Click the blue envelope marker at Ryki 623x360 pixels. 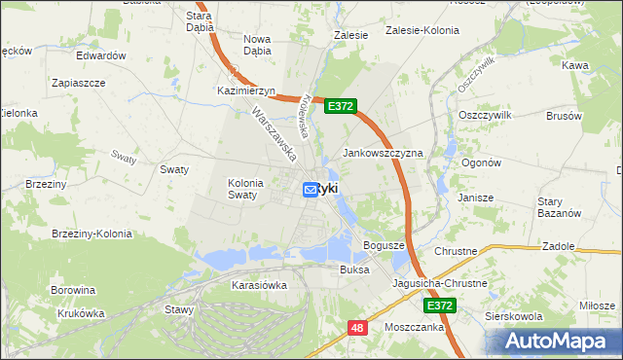[x=311, y=190]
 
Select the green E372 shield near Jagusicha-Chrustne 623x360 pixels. [x=439, y=306]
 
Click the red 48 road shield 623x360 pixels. [x=357, y=329]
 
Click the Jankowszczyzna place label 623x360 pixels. [x=383, y=154]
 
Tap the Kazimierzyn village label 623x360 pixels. [x=247, y=90]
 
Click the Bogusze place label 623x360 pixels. [x=383, y=245]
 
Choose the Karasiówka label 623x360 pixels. [x=259, y=285]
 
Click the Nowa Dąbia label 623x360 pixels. [x=257, y=45]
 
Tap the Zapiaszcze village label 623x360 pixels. [x=79, y=84]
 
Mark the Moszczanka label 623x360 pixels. [x=414, y=327]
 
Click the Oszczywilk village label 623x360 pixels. [x=484, y=114]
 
